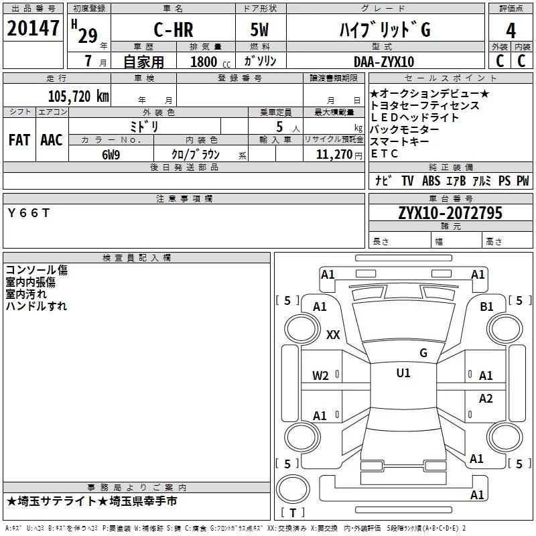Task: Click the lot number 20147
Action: [33, 28]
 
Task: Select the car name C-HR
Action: [174, 29]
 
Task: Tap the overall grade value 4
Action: [511, 31]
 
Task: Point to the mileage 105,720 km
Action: [78, 96]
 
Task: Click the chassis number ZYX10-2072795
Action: [450, 213]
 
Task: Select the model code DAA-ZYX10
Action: [384, 62]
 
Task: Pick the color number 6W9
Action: [111, 155]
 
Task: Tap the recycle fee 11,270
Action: [334, 155]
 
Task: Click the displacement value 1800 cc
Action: [210, 62]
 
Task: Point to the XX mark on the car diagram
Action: [333, 334]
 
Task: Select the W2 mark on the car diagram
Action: [320, 376]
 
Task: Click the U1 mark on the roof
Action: [403, 373]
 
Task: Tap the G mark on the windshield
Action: [423, 352]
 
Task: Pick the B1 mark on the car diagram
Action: [486, 307]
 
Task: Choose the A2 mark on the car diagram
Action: [486, 398]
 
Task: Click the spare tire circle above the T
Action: [293, 489]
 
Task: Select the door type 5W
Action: [259, 29]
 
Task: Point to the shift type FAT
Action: [19, 140]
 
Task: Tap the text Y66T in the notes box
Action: [29, 213]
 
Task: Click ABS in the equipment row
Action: [431, 180]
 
